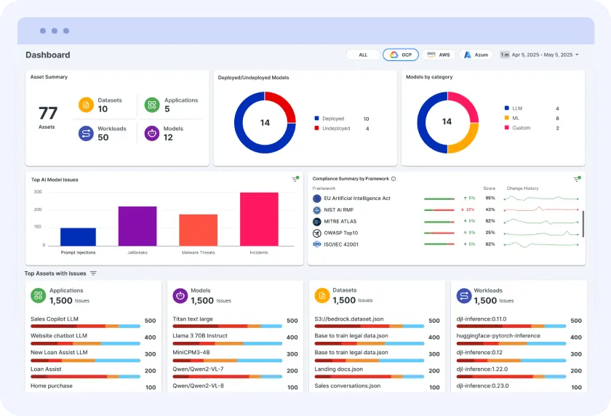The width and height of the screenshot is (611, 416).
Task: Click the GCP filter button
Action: tap(401, 55)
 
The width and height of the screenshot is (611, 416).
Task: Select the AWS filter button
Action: tap(439, 55)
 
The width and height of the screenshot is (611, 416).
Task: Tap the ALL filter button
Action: tap(363, 55)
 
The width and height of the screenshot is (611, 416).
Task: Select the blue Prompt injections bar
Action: tap(78, 237)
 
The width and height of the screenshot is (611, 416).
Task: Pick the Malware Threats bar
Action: tap(198, 230)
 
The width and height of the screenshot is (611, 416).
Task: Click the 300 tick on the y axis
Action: tap(37, 192)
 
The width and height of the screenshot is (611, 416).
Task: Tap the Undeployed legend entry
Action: tap(335, 129)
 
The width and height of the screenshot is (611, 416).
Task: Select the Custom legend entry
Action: tap(522, 128)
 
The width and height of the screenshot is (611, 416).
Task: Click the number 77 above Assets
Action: tap(48, 113)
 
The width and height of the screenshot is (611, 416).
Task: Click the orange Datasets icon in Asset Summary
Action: tap(86, 105)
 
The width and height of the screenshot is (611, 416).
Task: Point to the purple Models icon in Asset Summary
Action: tap(151, 133)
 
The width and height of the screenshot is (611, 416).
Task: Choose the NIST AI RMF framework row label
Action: tap(340, 209)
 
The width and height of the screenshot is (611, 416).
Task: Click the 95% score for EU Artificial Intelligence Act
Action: tap(490, 198)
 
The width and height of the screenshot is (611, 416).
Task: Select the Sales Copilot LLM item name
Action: tap(55, 319)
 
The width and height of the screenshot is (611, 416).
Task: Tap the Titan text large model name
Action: tap(193, 319)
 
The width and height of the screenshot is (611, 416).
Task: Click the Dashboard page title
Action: tap(48, 55)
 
